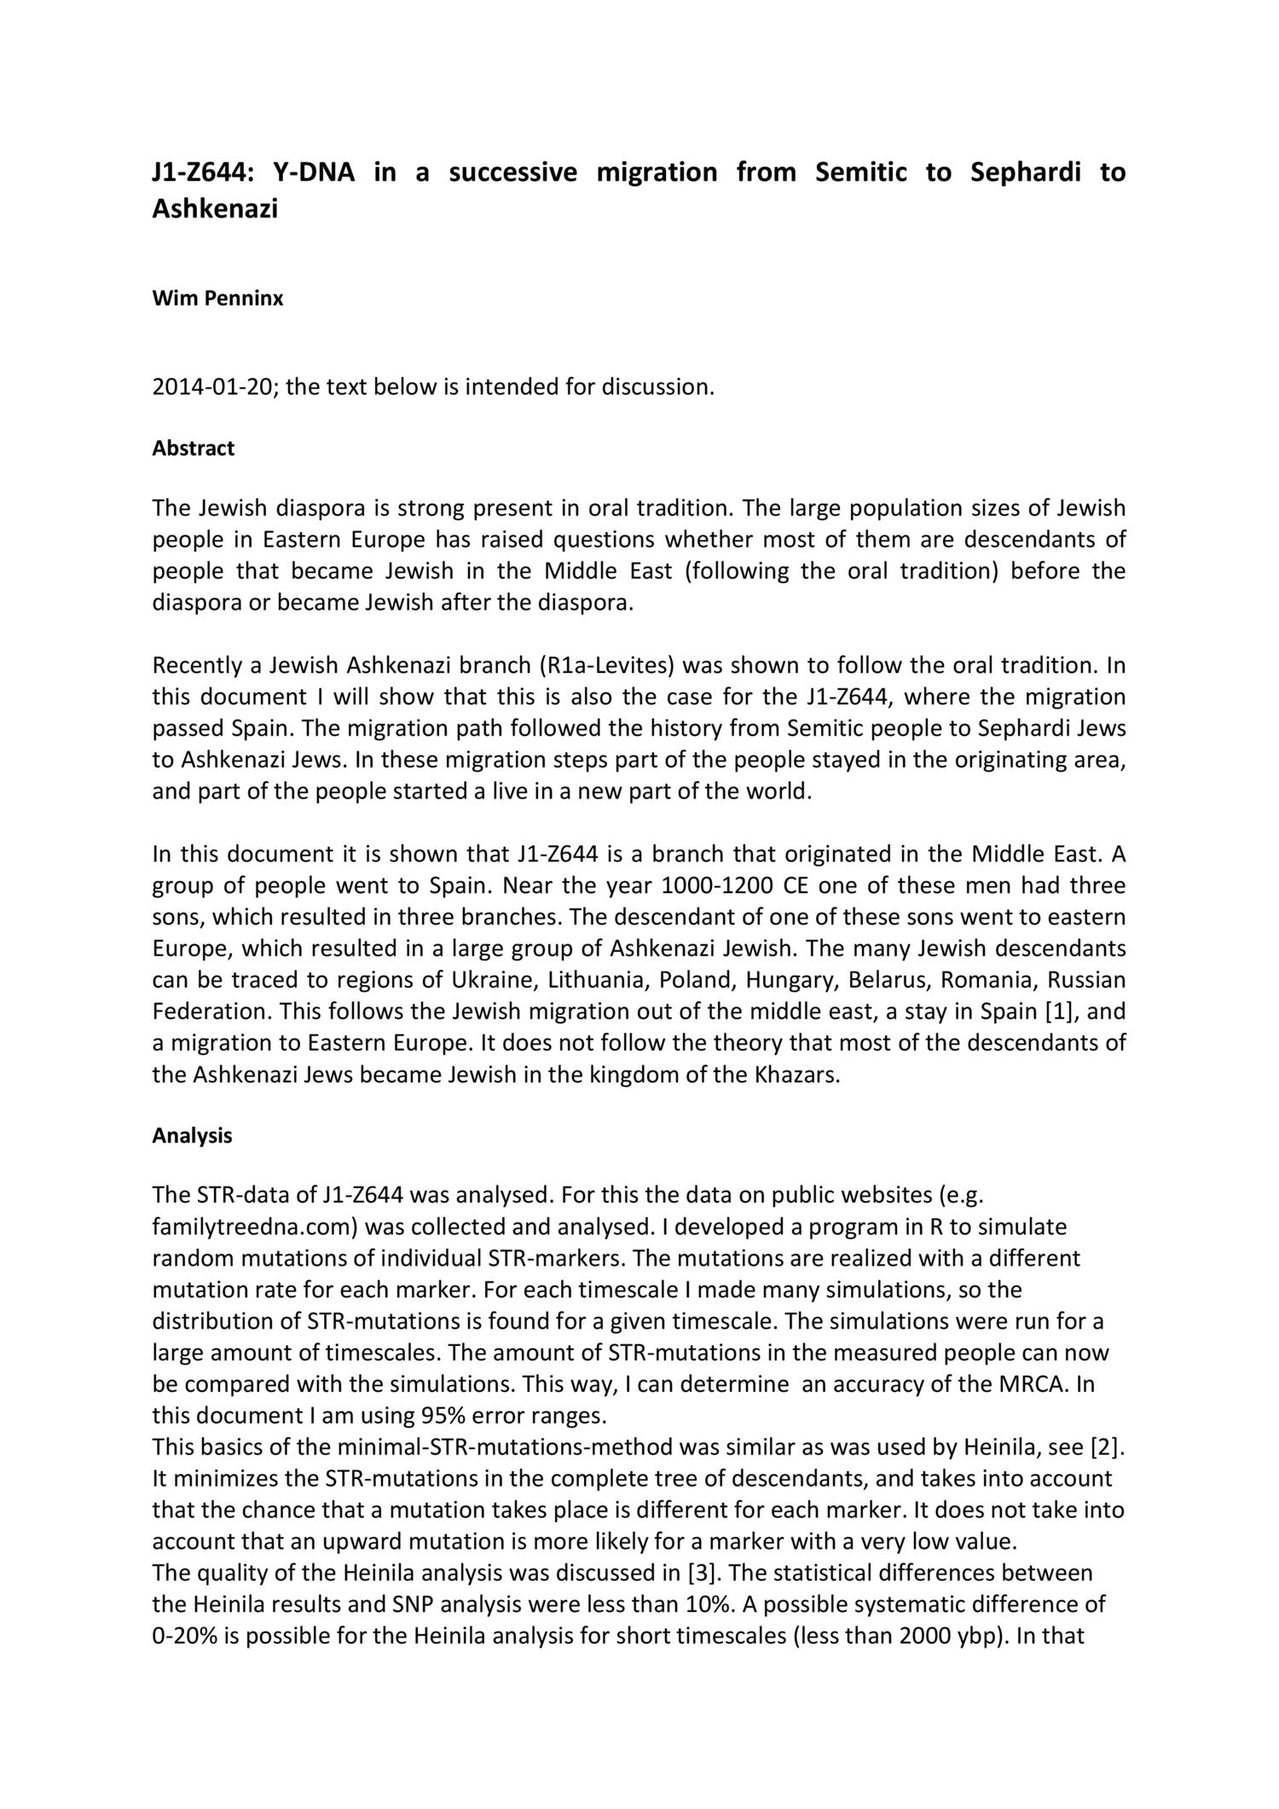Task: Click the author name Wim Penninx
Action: coord(217,299)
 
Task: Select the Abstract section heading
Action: coord(193,449)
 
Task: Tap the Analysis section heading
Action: coord(192,1136)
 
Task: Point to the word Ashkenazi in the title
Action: coord(215,209)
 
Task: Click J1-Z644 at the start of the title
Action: coord(202,172)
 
